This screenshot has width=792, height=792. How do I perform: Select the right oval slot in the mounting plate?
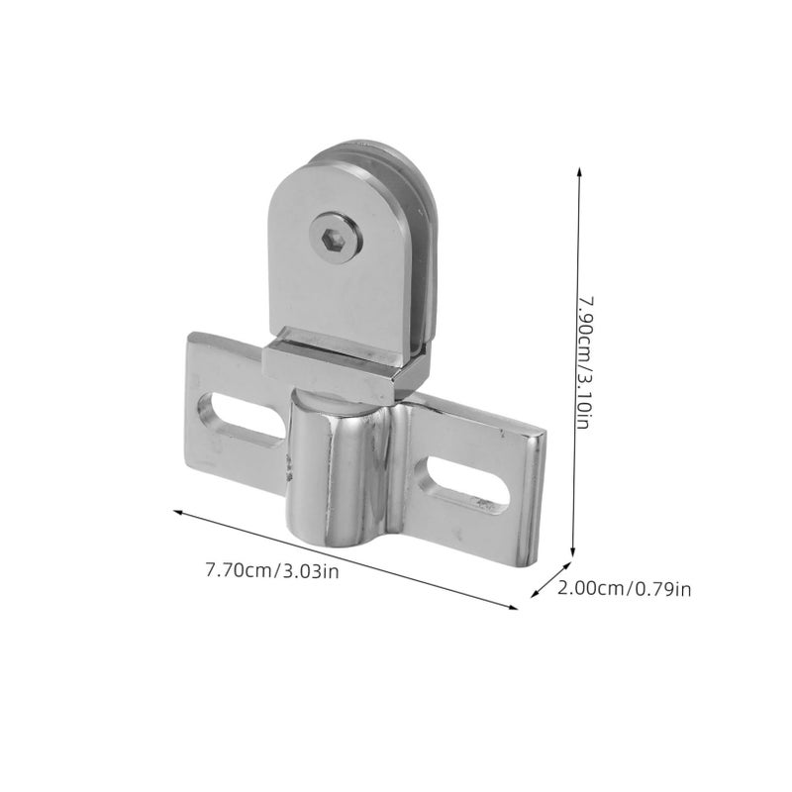[x=468, y=484]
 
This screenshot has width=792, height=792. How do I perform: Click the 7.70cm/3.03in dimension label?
[x=272, y=571]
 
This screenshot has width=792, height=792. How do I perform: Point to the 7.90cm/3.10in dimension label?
[x=585, y=362]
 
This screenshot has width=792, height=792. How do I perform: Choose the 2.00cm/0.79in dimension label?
[x=625, y=588]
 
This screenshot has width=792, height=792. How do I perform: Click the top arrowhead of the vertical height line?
[x=579, y=171]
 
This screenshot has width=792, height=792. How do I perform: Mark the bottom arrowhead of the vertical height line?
[x=573, y=552]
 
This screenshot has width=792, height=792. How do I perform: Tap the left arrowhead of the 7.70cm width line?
[x=178, y=513]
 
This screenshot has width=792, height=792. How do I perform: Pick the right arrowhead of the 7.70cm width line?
[x=513, y=607]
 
